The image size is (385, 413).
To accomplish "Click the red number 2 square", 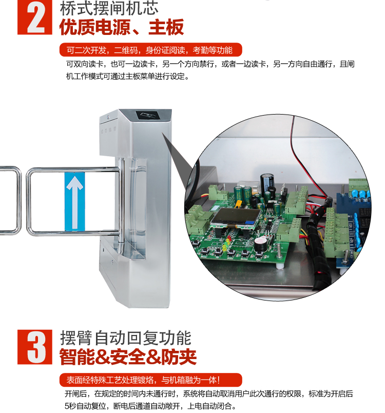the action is point(35,17).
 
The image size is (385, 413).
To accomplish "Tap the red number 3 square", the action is point(35,347).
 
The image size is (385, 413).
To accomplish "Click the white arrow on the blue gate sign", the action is point(75,202).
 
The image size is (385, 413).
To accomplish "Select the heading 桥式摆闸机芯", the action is point(109,8).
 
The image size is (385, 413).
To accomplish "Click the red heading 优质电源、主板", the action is point(121,27).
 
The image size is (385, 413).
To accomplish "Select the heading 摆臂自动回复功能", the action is point(126,338).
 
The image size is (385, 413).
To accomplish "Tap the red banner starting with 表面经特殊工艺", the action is point(150,380).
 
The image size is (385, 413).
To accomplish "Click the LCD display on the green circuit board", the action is point(236,218).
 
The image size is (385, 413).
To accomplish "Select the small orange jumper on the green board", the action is point(238,203).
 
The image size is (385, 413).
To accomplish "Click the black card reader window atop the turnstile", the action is point(147,116).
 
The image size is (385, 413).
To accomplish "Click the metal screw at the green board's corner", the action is point(278,252).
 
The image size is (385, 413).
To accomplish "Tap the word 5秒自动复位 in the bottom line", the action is point(85,406).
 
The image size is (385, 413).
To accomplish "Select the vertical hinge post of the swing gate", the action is point(121,200).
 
